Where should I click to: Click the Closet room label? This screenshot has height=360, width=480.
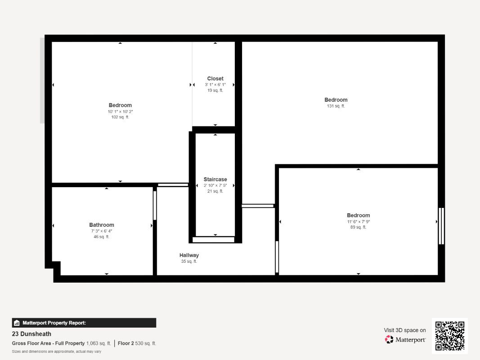point(215,79)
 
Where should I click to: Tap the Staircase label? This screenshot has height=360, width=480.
point(215,180)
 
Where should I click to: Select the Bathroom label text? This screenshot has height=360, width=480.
point(102,225)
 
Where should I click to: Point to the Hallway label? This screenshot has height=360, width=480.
point(189,255)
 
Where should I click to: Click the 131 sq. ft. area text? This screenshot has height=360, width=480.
point(336,106)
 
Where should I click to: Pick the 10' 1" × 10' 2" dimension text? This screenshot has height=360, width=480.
point(120,112)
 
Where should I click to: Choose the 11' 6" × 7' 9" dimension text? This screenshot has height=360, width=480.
point(358,221)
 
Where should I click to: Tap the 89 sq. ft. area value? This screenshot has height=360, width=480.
point(358,227)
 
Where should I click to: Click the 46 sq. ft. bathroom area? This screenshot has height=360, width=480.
point(102,237)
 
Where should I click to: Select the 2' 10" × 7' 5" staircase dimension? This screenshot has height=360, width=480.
point(215,185)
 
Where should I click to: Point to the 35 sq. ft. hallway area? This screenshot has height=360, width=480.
point(189,261)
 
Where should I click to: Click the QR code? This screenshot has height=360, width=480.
point(449,336)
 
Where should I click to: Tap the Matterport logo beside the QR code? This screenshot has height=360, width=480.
point(405,340)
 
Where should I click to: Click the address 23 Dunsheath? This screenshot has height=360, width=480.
point(31,334)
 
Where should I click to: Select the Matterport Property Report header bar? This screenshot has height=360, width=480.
point(84,323)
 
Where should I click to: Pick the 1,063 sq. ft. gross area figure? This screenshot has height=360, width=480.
point(99,343)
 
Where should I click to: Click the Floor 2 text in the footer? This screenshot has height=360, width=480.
point(126,343)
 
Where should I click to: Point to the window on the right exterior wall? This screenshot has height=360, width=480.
point(441,226)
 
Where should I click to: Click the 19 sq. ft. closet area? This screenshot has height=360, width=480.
point(215,90)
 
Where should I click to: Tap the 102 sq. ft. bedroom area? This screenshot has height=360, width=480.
point(120,117)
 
